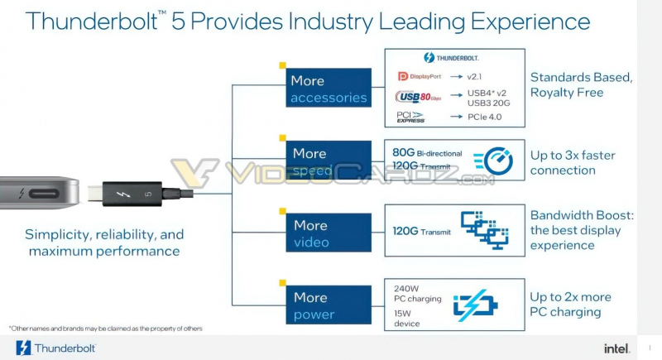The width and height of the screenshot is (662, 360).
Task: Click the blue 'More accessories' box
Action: click(x=329, y=89)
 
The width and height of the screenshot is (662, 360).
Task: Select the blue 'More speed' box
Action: click(x=329, y=161)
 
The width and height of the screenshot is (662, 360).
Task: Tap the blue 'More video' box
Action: click(x=329, y=233)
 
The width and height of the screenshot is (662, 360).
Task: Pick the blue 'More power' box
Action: click(x=329, y=305)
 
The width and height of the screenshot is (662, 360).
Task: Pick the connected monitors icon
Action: click(x=484, y=230)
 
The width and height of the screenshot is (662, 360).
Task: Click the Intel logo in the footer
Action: click(x=616, y=348)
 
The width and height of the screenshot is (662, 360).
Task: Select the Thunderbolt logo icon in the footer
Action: click(x=23, y=348)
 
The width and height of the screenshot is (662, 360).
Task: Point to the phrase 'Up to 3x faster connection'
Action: click(x=573, y=163)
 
